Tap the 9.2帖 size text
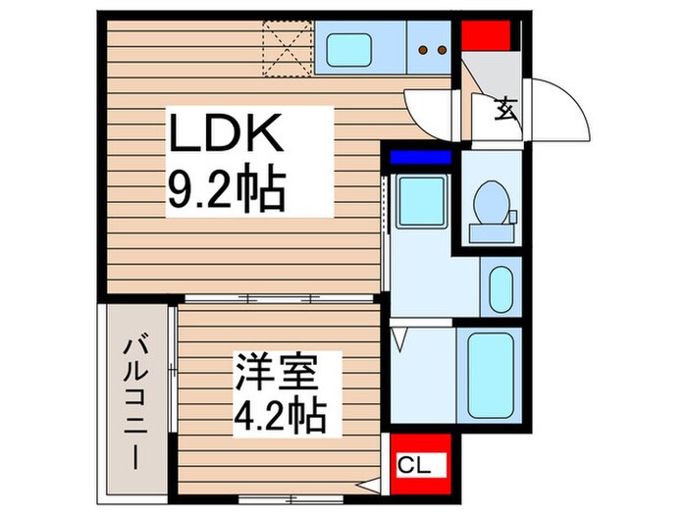click(x=227, y=190)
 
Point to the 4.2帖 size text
click(x=279, y=417)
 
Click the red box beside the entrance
click(x=485, y=37)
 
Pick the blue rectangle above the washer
click(x=420, y=156)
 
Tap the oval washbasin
click(x=501, y=286)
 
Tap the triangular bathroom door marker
click(x=399, y=340)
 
